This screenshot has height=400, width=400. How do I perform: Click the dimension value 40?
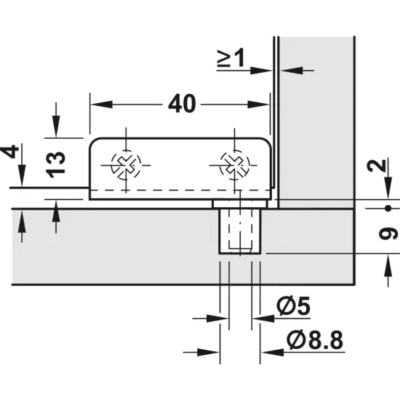pyautogui.click(x=181, y=104)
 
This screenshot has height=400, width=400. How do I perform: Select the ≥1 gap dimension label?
pyautogui.click(x=231, y=57)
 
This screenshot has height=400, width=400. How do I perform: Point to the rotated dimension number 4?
pyautogui.click(x=9, y=152)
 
